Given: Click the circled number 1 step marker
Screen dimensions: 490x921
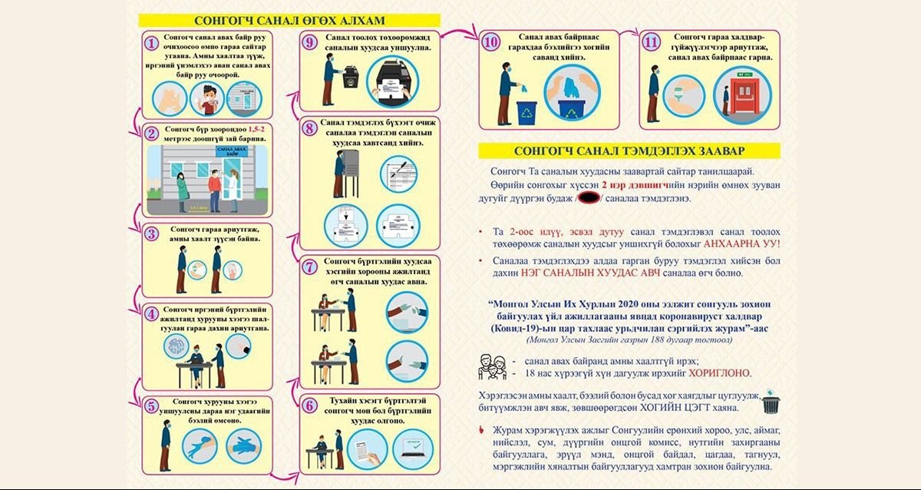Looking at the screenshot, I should coord(152,44).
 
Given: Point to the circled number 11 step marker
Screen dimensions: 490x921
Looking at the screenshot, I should coord(651,42).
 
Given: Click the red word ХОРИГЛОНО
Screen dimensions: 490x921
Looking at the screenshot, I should coord(721,373).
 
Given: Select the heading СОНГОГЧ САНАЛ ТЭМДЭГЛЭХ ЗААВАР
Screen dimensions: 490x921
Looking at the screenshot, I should coord(628,151).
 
